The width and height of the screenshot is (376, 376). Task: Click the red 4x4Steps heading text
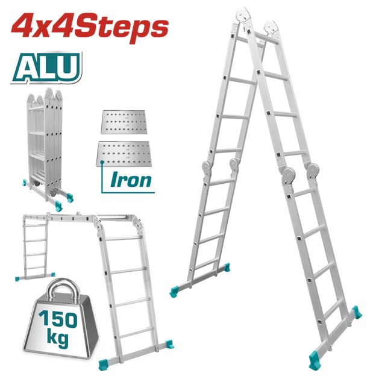tap(90, 28)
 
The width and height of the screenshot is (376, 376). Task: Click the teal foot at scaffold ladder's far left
tap(16, 278)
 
